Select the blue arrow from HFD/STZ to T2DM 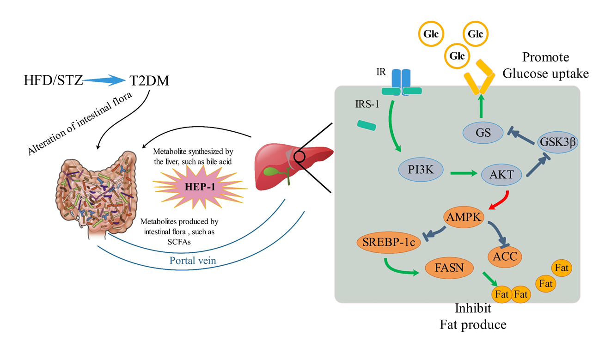point(104,82)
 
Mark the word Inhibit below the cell point(473,308)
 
